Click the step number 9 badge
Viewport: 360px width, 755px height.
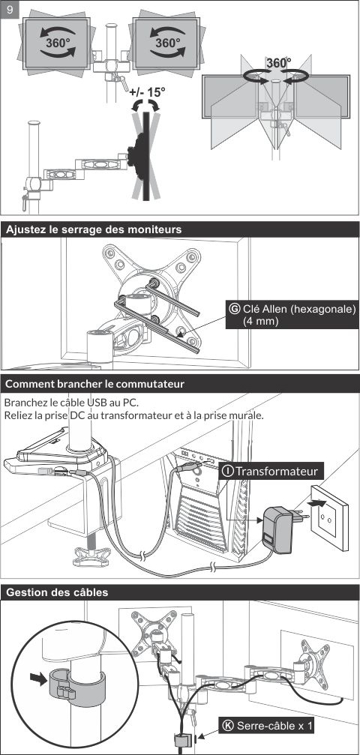point(10,9)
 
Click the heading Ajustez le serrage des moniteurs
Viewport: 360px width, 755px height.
point(94,229)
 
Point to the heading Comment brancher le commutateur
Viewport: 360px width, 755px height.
point(95,384)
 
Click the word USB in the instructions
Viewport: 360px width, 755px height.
point(97,402)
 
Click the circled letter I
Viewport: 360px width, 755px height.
point(227,471)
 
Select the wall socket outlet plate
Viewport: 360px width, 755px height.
point(328,517)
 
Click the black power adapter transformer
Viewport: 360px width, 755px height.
point(277,530)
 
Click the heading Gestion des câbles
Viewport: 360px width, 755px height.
point(57,592)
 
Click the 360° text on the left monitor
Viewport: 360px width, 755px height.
point(58,43)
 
